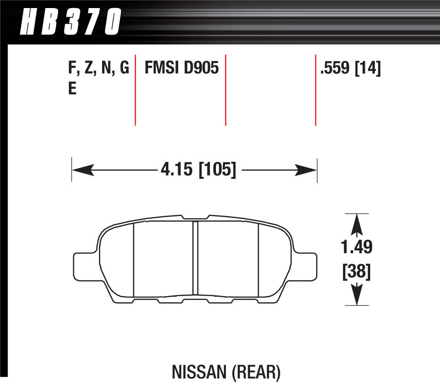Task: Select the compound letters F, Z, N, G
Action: tap(98, 69)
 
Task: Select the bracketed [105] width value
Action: tap(217, 169)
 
